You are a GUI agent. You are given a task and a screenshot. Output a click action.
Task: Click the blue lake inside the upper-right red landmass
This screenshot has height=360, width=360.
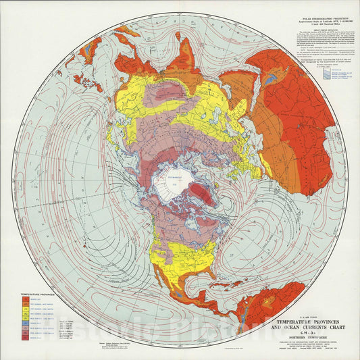click(x=270, y=78)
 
